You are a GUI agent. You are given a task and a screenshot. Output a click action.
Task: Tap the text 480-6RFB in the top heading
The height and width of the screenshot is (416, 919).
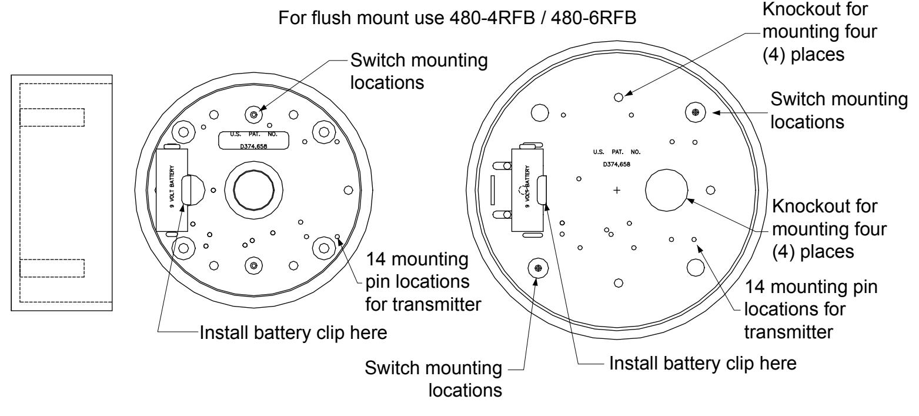594,18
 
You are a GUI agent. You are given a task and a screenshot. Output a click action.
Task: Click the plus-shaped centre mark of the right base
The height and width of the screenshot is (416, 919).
617,190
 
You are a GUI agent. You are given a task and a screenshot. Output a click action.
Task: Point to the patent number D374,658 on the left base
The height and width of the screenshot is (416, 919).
253,146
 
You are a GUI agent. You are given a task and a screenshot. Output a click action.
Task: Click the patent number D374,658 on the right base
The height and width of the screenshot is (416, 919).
617,164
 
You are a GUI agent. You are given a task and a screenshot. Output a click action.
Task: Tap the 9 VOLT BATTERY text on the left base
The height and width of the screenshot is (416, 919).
172,187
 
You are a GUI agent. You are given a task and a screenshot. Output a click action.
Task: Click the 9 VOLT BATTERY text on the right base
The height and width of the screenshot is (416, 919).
527,187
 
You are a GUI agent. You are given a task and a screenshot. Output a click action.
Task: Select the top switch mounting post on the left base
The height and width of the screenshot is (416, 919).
253,114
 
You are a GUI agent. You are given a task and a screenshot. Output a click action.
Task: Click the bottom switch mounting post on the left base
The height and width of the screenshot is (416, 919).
253,266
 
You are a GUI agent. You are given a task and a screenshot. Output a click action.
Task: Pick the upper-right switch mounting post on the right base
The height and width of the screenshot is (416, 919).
696,112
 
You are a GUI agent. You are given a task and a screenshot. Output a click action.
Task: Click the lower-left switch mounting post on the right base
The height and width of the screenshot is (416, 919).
538,268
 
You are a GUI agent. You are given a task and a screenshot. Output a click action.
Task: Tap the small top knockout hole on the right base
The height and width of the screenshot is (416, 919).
619,97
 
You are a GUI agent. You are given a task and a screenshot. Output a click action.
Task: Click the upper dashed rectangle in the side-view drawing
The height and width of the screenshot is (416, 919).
52,117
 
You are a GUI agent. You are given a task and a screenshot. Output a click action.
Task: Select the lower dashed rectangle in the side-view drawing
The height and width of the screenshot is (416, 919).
52,268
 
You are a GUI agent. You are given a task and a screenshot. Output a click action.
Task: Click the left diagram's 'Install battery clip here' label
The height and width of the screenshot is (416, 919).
293,332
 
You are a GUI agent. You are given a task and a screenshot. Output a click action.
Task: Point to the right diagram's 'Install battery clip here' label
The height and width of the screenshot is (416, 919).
703,364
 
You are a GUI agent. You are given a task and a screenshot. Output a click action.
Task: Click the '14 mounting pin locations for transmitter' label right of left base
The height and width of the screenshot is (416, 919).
423,282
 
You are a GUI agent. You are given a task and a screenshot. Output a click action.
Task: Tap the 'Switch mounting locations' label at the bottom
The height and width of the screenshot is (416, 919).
433,378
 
